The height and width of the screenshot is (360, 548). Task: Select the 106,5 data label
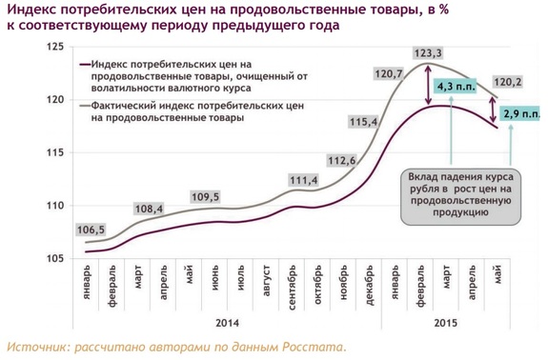pos(90,230)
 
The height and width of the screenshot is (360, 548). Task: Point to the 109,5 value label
pos(205,197)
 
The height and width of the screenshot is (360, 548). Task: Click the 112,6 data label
pos(340,160)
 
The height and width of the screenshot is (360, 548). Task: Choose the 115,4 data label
pos(364,123)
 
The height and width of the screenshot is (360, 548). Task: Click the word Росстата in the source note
pos(307,347)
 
